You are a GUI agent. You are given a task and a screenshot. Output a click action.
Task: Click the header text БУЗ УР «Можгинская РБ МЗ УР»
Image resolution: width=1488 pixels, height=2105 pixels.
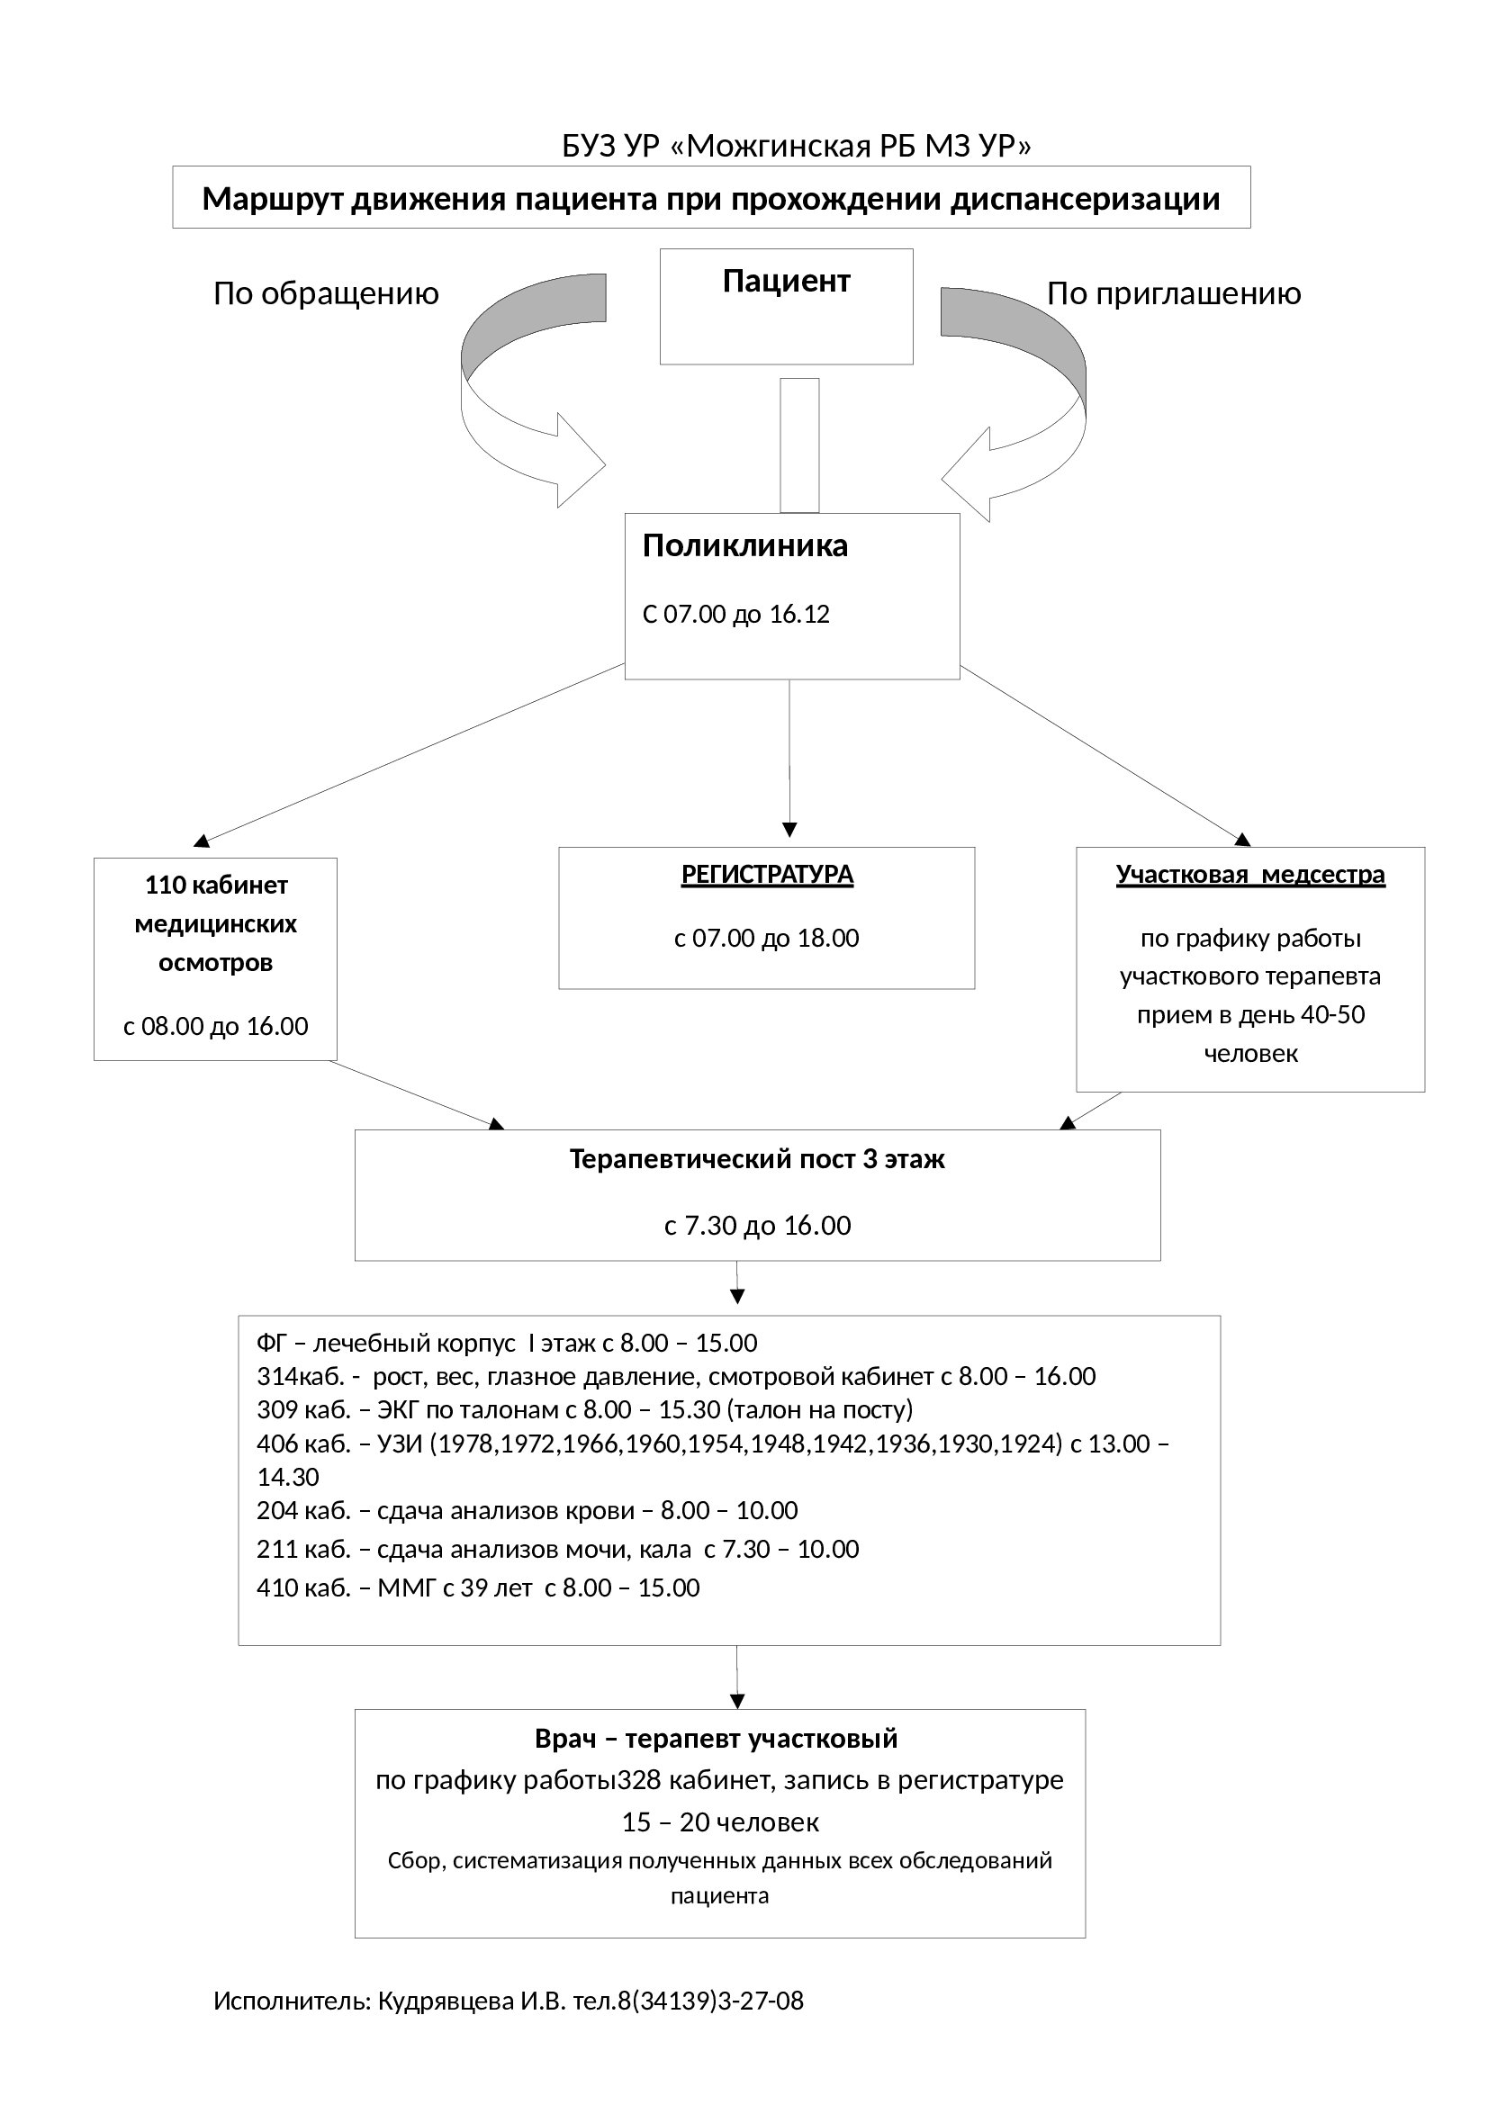(x=797, y=146)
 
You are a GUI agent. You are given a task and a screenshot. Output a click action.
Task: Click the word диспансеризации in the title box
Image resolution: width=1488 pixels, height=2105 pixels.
(x=1086, y=199)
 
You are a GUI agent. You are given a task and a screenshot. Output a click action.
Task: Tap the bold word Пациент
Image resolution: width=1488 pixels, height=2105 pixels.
(x=787, y=281)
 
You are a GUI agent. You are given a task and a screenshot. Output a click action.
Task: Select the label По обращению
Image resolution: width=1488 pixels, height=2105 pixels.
(x=327, y=294)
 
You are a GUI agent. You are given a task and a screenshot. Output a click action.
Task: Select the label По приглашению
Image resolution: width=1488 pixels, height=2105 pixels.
(x=1175, y=294)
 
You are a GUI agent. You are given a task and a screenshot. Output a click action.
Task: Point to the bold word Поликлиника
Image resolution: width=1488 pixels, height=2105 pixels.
(x=745, y=545)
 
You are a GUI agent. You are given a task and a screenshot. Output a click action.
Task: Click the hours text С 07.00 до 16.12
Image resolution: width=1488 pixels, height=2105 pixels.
(x=736, y=615)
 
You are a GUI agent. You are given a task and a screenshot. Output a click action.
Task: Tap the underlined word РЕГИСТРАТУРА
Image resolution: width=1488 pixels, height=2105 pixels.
(x=767, y=875)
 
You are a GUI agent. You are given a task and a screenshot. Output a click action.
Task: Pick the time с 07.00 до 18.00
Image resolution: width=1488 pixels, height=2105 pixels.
(x=766, y=938)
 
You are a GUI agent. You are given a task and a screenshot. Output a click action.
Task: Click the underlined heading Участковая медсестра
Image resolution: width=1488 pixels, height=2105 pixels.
(x=1250, y=875)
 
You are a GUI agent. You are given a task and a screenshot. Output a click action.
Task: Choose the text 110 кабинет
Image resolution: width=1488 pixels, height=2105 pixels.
(x=216, y=885)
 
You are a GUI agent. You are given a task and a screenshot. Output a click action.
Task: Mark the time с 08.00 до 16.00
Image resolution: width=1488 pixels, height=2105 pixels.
(x=215, y=1026)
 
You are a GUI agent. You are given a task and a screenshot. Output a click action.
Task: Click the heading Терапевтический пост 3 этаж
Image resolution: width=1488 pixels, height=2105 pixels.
(x=757, y=1159)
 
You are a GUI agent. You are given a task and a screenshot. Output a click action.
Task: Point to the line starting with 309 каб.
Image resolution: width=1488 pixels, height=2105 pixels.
(x=585, y=1409)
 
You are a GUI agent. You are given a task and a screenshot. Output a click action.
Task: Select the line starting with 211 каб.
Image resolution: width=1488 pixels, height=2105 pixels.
(x=557, y=1549)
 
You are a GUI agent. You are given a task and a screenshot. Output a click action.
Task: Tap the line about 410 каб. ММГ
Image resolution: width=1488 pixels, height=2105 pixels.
(x=478, y=1587)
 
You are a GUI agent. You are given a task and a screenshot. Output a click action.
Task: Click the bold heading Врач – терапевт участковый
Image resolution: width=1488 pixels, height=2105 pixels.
(x=717, y=1739)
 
